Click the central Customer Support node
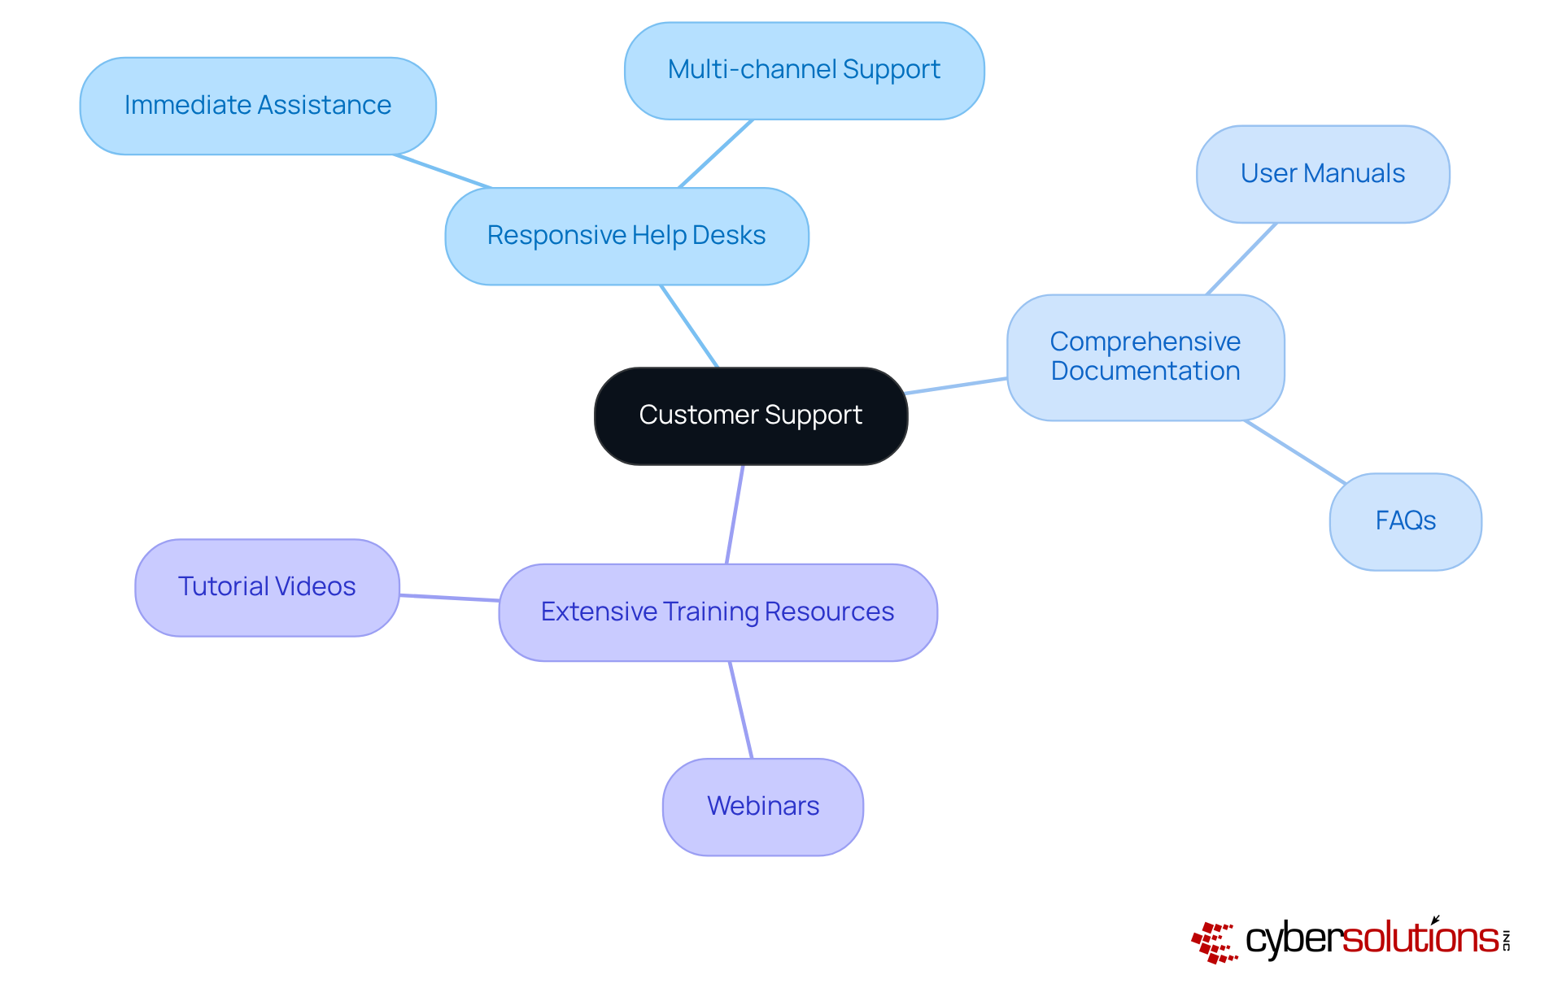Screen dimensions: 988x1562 [750, 416]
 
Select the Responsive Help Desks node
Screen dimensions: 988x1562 [626, 236]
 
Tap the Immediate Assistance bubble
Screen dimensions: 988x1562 [258, 106]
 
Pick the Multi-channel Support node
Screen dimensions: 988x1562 [804, 71]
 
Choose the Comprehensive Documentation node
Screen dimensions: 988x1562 [1145, 357]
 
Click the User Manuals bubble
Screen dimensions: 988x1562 [1322, 174]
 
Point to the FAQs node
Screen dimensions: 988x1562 [1405, 521]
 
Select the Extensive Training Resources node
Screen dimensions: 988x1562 [718, 612]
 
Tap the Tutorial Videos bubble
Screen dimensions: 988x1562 [267, 587]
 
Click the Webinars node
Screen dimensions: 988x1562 [762, 807]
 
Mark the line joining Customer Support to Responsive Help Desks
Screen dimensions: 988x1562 [689, 326]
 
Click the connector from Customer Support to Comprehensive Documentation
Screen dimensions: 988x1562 [957, 386]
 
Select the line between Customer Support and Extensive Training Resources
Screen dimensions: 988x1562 [735, 515]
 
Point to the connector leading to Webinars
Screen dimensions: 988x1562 [741, 710]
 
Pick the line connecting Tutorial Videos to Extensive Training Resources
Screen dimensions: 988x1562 [449, 598]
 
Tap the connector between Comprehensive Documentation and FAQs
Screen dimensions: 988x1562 [1294, 452]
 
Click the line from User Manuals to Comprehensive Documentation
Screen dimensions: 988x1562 [1241, 259]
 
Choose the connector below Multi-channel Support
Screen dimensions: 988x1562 [716, 154]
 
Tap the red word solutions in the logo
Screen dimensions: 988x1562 [1420, 938]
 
